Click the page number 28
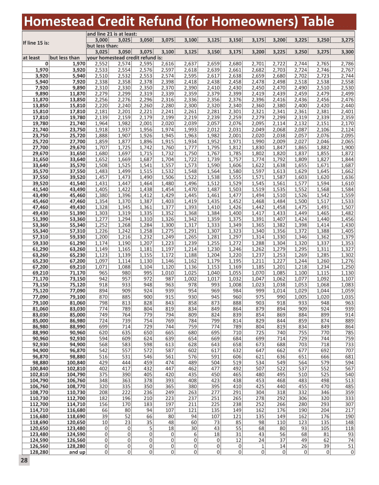[24, 461]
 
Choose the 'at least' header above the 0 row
[31, 57]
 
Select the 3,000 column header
[102, 40]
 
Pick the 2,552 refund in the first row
[102, 64]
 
